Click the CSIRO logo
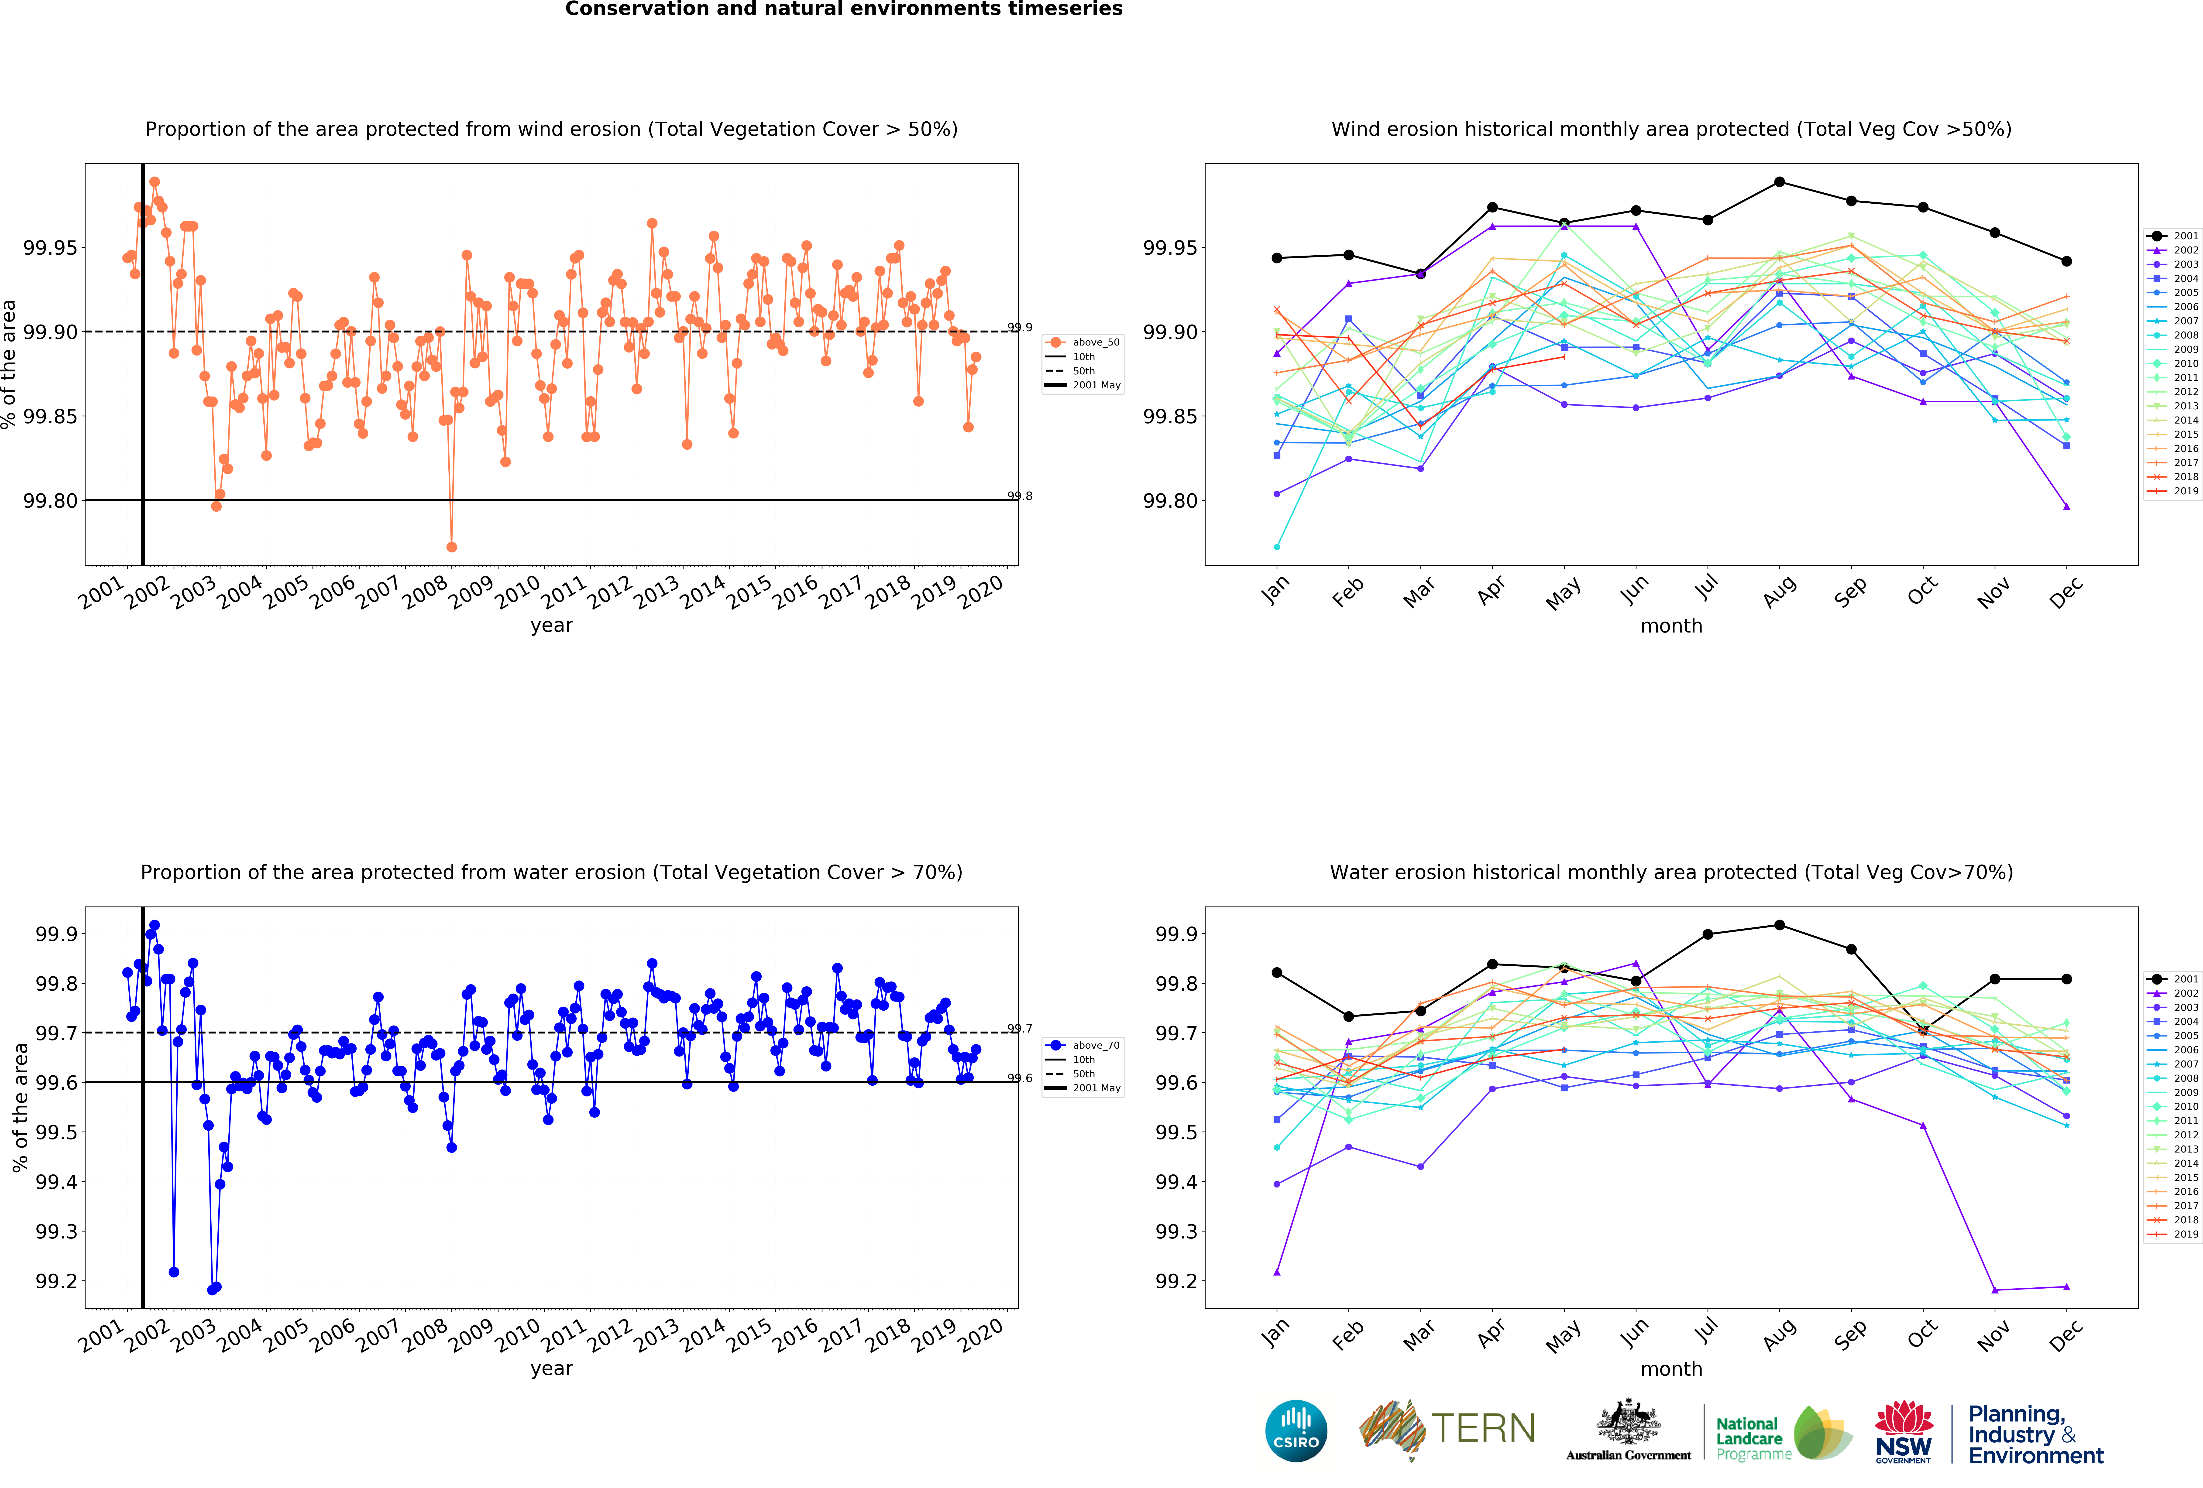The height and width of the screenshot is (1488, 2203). point(1296,1430)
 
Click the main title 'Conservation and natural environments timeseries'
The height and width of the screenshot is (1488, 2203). point(844,10)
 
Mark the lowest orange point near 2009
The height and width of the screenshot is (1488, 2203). point(451,547)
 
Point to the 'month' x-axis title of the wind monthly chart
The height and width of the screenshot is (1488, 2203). point(1671,626)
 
